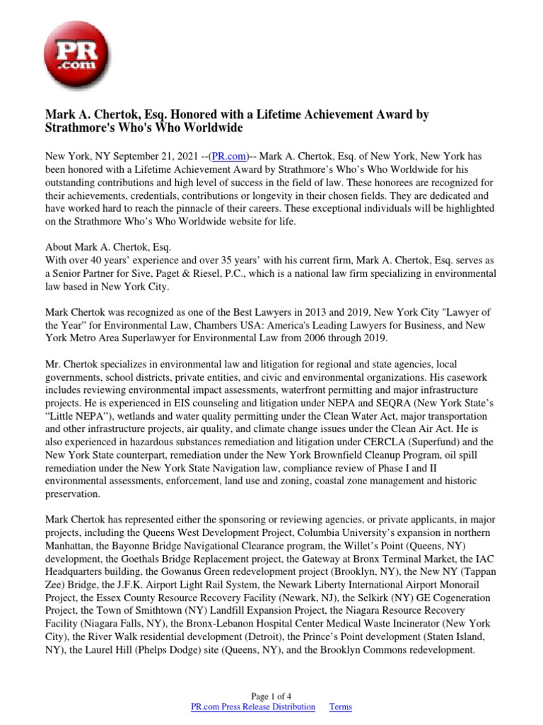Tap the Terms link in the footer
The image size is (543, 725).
point(341,707)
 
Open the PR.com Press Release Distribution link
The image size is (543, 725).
point(253,707)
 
